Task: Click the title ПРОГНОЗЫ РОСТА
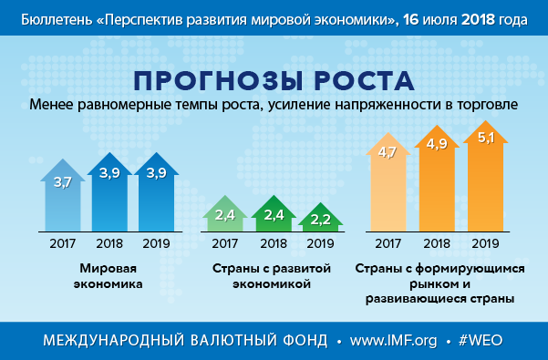coord(274,81)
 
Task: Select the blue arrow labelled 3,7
coord(63,196)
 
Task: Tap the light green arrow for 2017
coord(224,213)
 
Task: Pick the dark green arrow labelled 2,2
coord(320,218)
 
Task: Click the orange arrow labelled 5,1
coord(485,176)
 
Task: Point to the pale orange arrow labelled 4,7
coord(388,182)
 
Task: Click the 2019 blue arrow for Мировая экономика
coord(156,192)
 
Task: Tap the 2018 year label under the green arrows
coord(274,243)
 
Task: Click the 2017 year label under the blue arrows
coord(63,243)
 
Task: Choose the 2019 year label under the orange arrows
coord(485,243)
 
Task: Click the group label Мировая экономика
coord(108,276)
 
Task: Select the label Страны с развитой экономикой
coord(272,276)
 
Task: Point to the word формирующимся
coord(470,269)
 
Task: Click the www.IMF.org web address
coord(394,340)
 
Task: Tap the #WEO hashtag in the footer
coord(481,340)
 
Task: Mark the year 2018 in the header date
coord(478,19)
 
